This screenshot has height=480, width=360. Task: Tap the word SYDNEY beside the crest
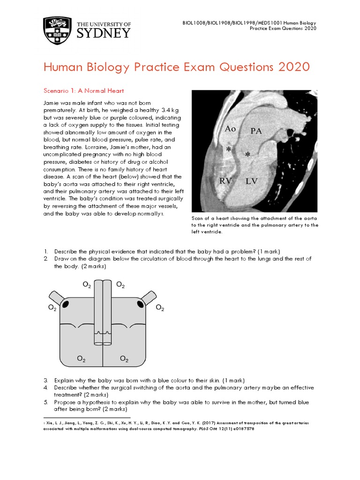click(103, 33)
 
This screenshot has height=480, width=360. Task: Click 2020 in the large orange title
click(294, 67)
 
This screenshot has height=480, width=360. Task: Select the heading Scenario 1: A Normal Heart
click(83, 90)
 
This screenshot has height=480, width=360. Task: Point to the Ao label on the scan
click(230, 128)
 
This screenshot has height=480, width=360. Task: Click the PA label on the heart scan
click(256, 131)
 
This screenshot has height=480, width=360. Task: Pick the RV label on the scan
click(225, 181)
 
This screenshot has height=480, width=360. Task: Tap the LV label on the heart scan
click(252, 181)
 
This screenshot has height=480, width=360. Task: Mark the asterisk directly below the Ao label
click(228, 150)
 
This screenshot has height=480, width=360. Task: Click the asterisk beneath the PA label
click(247, 154)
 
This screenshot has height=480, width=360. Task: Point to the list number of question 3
click(45, 380)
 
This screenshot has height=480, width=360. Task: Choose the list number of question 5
click(45, 402)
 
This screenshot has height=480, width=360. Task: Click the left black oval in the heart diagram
click(66, 305)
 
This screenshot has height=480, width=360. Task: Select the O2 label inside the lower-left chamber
click(81, 359)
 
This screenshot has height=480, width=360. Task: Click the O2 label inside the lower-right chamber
click(124, 359)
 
